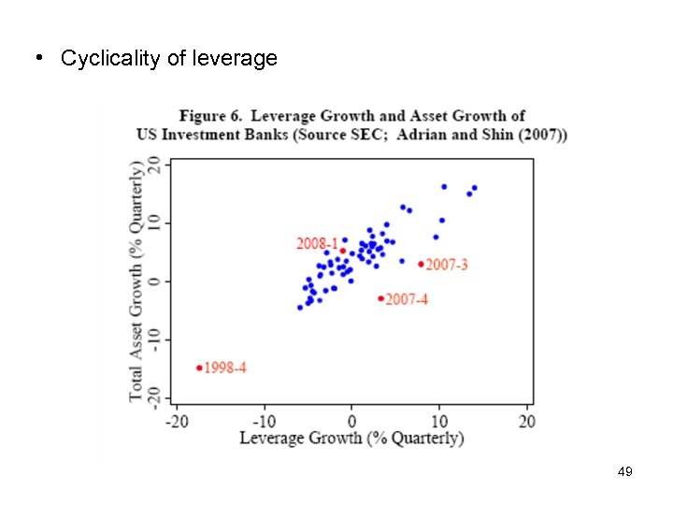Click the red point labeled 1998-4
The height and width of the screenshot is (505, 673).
click(x=199, y=368)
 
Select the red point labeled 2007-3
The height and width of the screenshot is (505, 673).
click(x=421, y=264)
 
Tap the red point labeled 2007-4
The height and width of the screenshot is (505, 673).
click(x=380, y=298)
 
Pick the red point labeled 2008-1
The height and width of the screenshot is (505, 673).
click(x=343, y=251)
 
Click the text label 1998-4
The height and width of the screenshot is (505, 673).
click(x=225, y=368)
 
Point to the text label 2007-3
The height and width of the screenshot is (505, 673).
click(x=447, y=265)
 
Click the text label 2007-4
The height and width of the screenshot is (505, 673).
click(x=407, y=299)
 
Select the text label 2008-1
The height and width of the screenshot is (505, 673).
click(x=317, y=243)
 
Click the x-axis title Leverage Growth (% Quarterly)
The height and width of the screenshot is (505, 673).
click(x=351, y=437)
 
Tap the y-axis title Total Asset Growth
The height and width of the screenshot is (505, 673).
click(x=137, y=281)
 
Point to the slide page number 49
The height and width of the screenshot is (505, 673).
click(x=625, y=472)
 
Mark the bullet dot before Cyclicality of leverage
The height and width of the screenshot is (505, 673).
click(x=38, y=58)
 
